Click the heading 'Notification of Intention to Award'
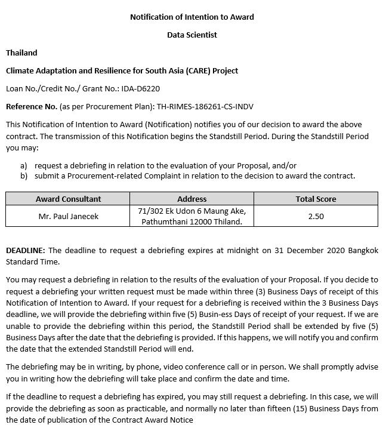coord(192,17)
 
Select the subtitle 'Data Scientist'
coord(192,35)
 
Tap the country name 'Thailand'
coord(21,53)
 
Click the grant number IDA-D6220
coord(141,88)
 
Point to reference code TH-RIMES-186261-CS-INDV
coord(205,106)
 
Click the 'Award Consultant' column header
coord(68,199)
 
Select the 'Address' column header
coord(192,199)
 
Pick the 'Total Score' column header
coord(316,199)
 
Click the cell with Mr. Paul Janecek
coord(68,216)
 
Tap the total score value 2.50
coord(316,216)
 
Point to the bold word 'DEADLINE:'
coord(25,250)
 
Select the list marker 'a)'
coord(24,165)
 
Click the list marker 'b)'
coord(24,176)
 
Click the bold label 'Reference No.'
coord(31,106)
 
